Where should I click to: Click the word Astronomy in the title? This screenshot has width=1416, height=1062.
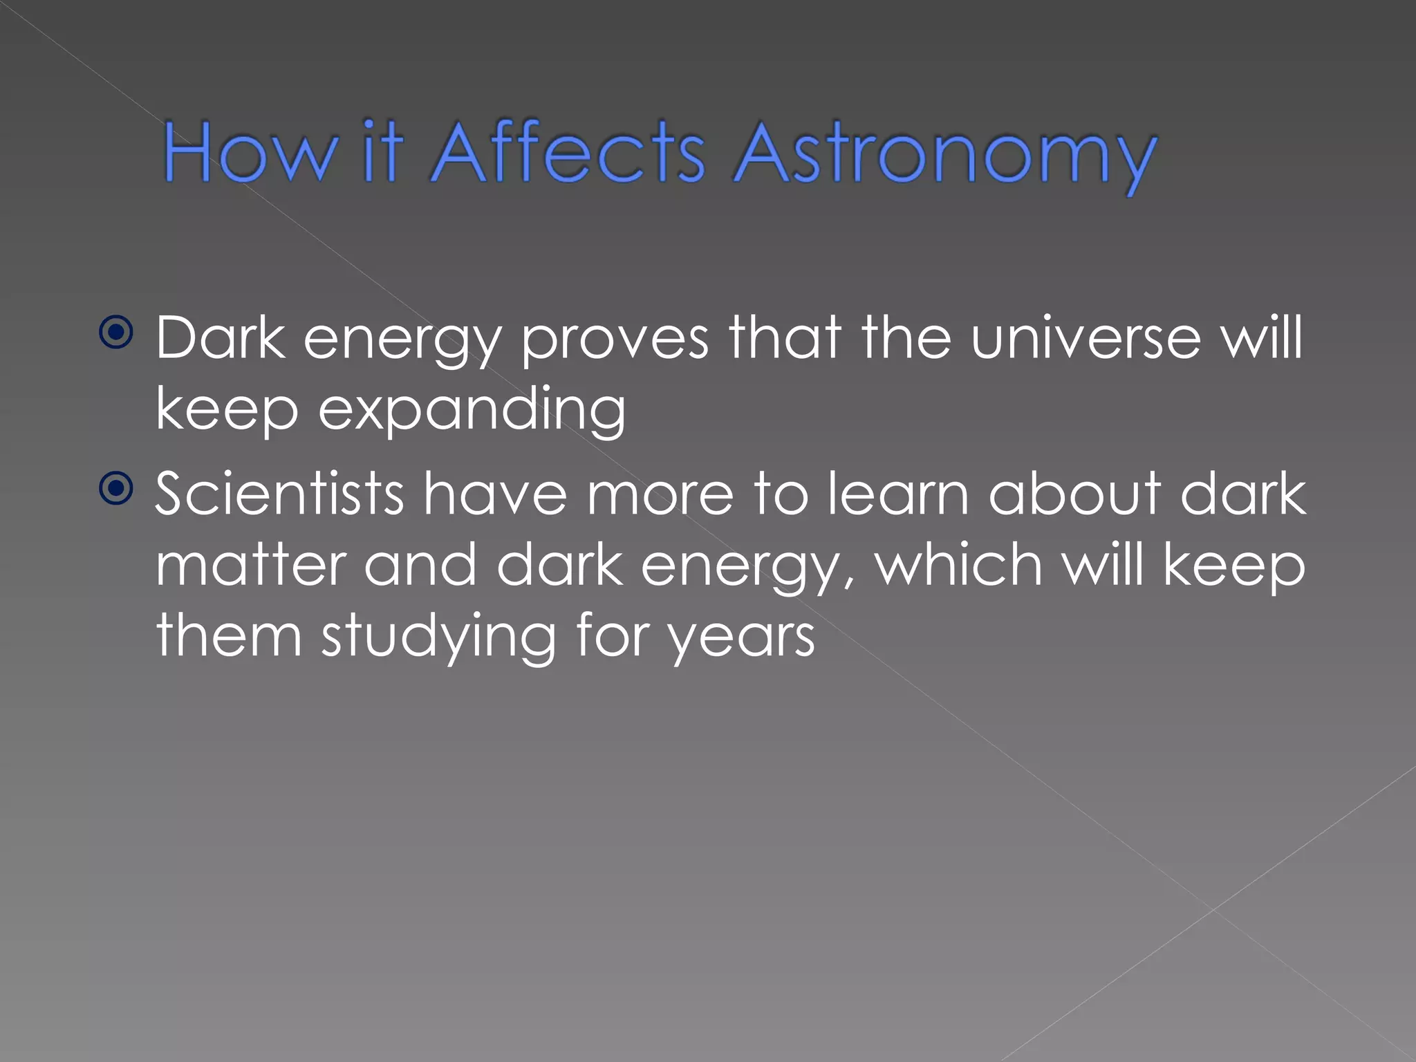(944, 153)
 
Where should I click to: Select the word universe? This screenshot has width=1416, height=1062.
(1086, 339)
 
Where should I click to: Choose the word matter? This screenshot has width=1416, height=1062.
(250, 566)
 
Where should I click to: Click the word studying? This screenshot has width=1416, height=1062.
(438, 636)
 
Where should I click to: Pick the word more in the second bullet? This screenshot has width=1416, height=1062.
(660, 495)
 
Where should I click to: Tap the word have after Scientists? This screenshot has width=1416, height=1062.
(495, 494)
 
